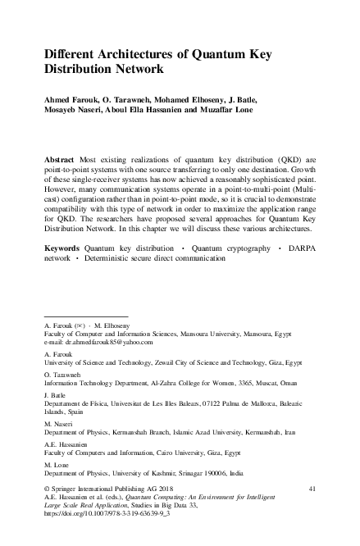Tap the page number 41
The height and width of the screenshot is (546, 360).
click(312, 488)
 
